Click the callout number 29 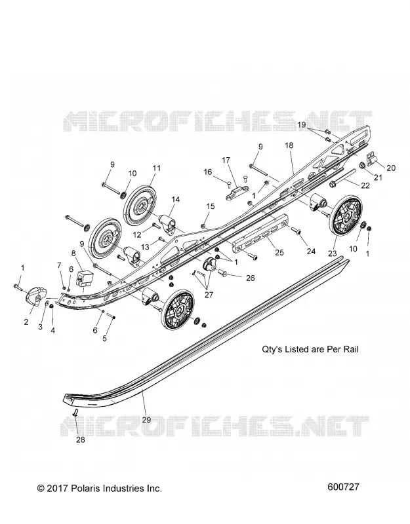click(x=146, y=419)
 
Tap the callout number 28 click(x=81, y=440)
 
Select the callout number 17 click(x=226, y=160)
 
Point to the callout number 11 click(x=157, y=168)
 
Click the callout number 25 click(x=279, y=252)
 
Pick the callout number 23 click(x=332, y=253)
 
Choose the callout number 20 click(x=391, y=168)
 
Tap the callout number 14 click(x=175, y=200)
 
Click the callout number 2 click(x=26, y=322)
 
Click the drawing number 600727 click(x=343, y=487)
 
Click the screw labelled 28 click(x=75, y=413)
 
